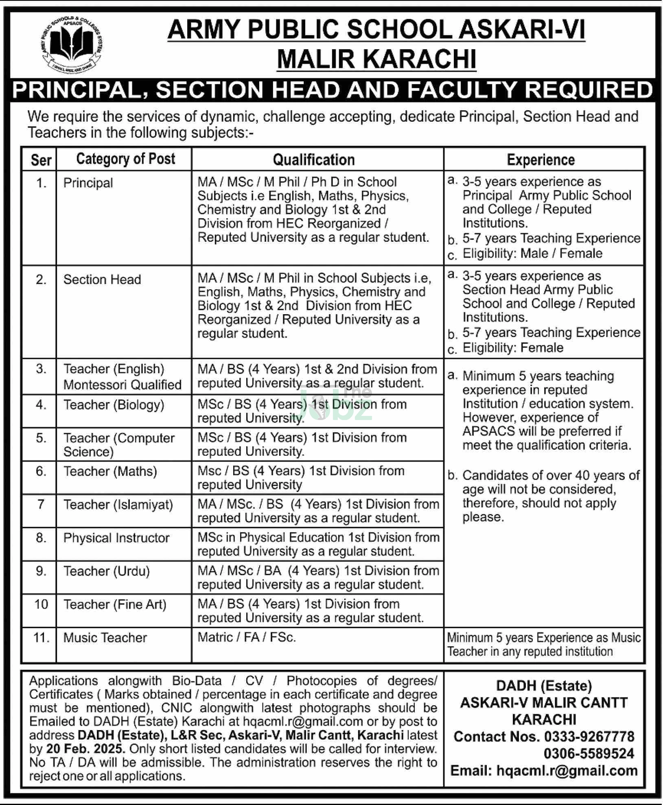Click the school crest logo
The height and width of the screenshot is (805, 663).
(72, 44)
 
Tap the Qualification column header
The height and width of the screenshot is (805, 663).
(313, 160)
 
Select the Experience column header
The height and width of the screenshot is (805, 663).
(540, 160)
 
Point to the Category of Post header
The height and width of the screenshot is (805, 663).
(125, 159)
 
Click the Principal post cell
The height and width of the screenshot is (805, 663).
(88, 183)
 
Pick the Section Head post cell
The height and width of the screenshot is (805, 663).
(102, 280)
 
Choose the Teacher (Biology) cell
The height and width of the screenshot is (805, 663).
(114, 405)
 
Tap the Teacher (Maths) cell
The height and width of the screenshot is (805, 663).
(110, 471)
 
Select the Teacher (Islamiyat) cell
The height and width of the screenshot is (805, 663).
(118, 505)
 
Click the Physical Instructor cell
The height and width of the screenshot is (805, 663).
(116, 538)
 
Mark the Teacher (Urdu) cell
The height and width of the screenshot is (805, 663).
(107, 571)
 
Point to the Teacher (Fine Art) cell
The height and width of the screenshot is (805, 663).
(115, 604)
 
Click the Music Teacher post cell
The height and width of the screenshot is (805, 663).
(105, 638)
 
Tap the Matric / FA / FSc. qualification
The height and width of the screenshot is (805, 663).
(247, 637)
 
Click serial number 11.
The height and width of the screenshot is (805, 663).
(41, 638)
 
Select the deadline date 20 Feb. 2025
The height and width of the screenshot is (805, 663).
(85, 749)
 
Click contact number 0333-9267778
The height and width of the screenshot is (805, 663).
(589, 737)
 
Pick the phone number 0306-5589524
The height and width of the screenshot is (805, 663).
(589, 754)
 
